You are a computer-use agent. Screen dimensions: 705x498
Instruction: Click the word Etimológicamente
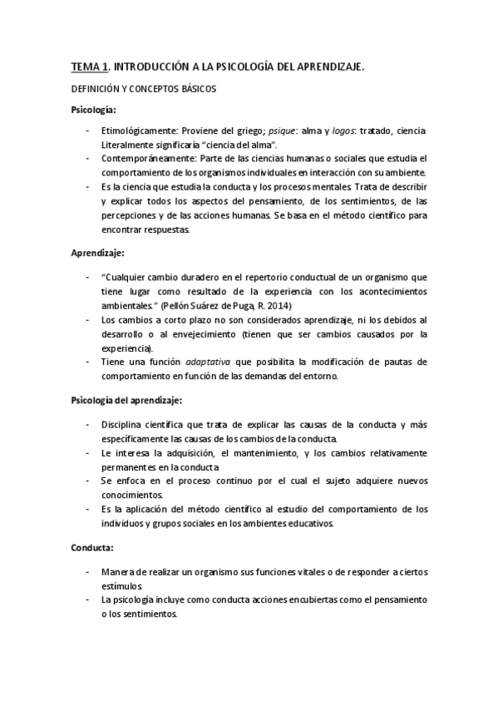138,131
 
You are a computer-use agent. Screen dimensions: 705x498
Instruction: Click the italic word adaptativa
209,362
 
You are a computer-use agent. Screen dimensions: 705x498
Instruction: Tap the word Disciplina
122,425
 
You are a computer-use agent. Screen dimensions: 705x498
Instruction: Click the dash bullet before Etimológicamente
88,131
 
